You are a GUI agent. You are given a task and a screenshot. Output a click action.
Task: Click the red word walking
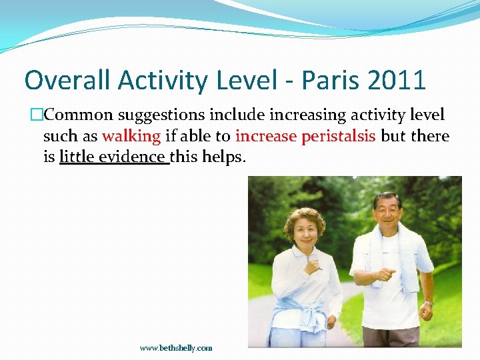pyautogui.click(x=131, y=137)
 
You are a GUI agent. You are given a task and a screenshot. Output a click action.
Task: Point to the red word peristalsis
pyautogui.click(x=339, y=137)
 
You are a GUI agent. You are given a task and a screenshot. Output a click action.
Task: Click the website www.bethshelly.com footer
pyautogui.click(x=176, y=347)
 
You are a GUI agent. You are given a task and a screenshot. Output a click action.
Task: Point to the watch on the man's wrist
pyautogui.click(x=427, y=303)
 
